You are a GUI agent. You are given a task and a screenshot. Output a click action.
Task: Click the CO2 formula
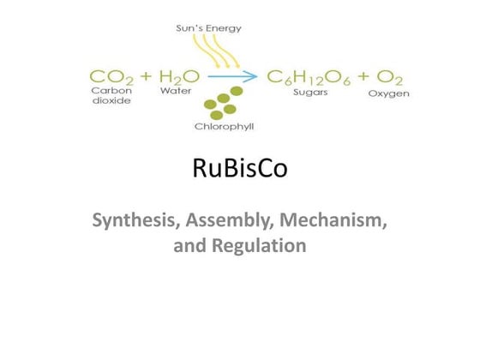coord(111,77)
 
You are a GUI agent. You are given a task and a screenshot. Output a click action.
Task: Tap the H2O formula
coord(179,77)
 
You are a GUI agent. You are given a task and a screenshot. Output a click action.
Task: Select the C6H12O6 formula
coord(309,77)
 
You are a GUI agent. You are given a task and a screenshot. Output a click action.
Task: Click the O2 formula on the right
coord(389,77)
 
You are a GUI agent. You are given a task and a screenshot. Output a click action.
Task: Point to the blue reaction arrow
coord(232,76)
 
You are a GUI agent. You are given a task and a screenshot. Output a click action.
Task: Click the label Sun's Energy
coord(209,28)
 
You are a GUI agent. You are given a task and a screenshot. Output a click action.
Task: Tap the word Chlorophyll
coord(224,126)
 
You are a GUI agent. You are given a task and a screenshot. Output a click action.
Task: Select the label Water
coord(176,91)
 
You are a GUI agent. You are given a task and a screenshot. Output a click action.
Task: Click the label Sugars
coord(310,93)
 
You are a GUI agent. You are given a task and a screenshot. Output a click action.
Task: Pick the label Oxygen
coord(389,93)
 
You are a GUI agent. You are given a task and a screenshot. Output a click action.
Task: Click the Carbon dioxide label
coord(111,95)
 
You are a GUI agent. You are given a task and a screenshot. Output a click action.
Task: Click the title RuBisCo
coord(240,168)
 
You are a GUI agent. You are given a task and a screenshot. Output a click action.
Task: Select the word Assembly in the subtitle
coord(230,220)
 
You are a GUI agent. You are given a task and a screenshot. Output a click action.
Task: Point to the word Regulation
coord(259,245)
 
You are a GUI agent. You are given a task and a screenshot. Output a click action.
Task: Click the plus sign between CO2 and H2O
coord(146,75)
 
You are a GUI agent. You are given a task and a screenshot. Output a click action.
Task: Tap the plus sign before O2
coord(363,75)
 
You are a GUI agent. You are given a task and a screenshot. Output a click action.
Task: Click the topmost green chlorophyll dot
coord(237,91)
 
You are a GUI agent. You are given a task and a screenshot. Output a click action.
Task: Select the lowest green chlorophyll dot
coord(216,116)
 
